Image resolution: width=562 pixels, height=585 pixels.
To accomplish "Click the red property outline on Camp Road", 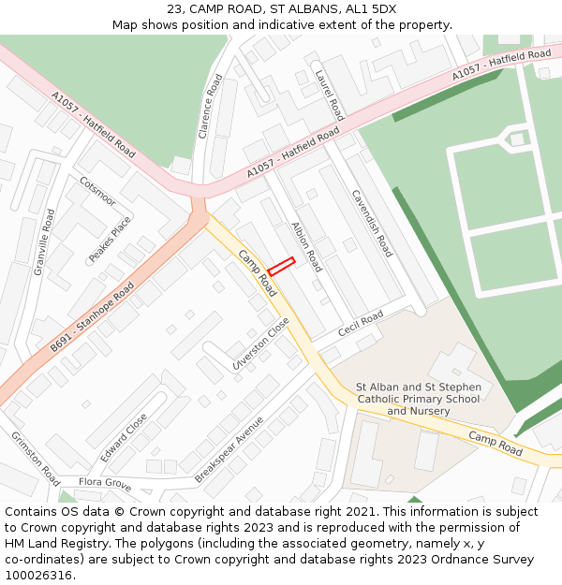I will (281, 266).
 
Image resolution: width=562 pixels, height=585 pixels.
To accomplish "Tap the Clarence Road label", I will (212, 107).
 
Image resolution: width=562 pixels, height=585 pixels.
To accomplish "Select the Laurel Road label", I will (330, 95).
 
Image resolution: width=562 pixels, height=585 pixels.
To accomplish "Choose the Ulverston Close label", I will (261, 345).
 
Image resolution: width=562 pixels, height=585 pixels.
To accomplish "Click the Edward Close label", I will (124, 438).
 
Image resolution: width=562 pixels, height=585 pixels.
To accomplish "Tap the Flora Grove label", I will (104, 483).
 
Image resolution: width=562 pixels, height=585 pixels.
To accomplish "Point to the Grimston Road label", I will (36, 454).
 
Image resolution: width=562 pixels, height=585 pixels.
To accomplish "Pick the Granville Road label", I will (44, 241).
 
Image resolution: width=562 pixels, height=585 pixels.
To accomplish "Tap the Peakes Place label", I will (110, 240).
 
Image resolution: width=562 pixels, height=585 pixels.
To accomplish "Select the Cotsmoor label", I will (97, 191).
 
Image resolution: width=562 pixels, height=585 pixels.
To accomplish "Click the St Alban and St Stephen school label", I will (419, 399).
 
